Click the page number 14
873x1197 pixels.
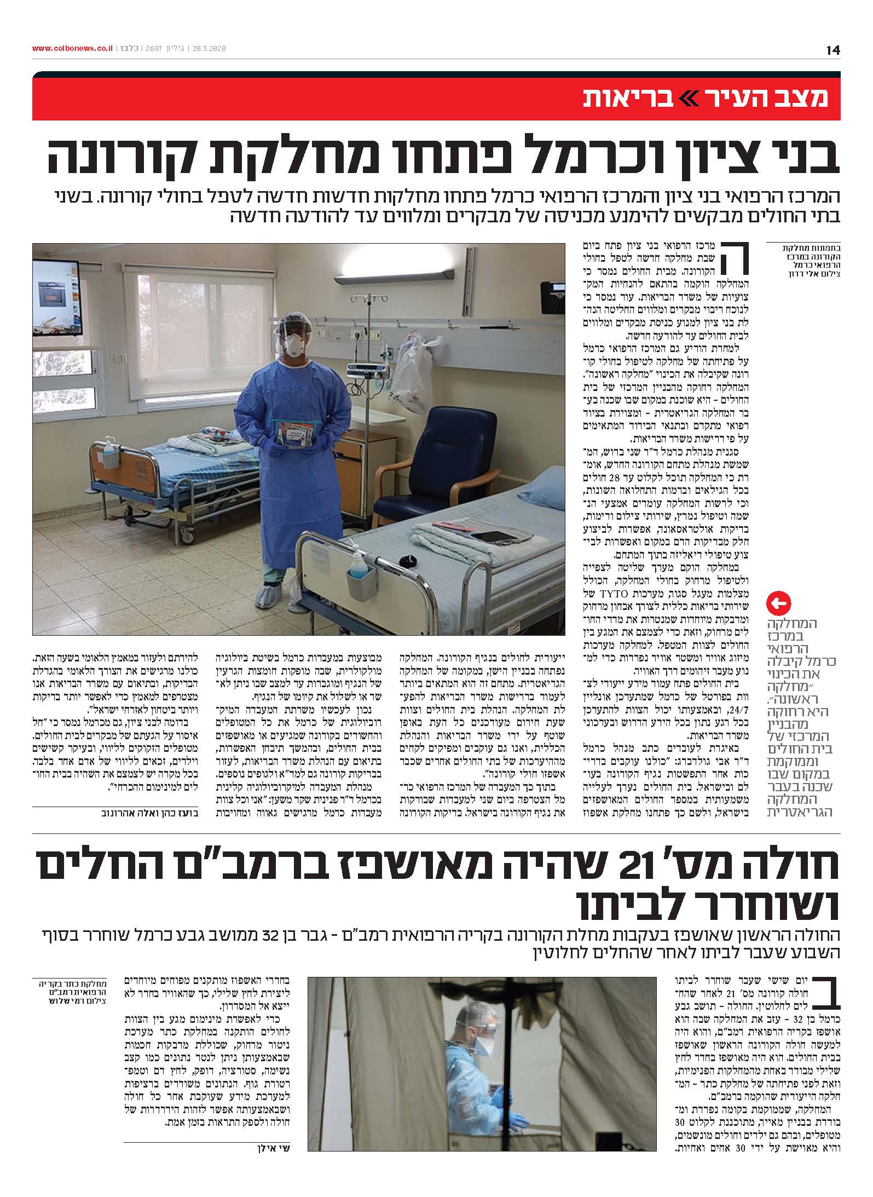[x=832, y=50]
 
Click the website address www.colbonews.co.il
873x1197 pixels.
[x=72, y=49]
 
